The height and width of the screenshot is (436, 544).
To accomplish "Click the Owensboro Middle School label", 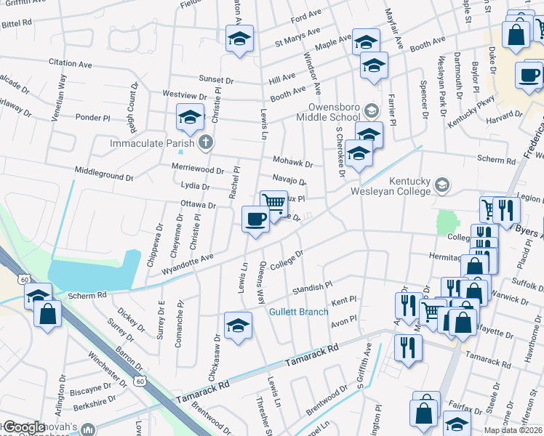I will [329, 111].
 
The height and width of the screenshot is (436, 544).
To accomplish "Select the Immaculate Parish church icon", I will [206, 142].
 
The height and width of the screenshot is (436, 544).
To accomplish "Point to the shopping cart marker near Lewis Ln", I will [273, 203].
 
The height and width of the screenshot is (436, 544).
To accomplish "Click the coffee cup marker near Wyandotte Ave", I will [255, 219].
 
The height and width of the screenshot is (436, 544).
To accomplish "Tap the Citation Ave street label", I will [70, 64].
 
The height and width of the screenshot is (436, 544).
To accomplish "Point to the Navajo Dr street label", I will [289, 179].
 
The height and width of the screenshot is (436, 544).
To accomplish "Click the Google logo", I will [24, 427].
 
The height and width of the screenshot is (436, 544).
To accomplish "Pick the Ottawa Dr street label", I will [198, 205].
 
